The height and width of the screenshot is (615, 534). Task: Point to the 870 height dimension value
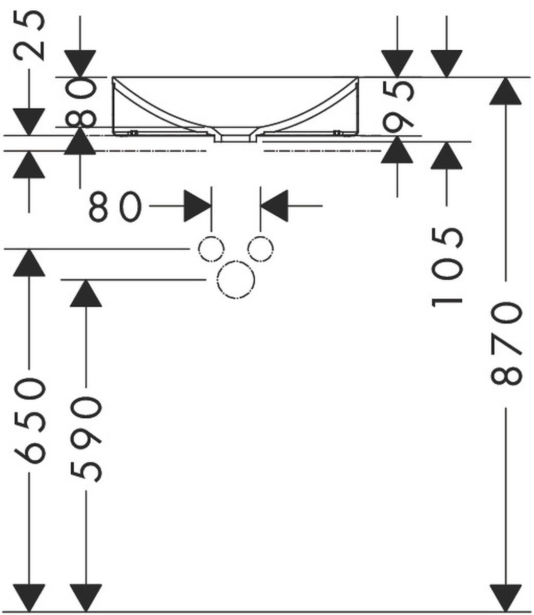506,343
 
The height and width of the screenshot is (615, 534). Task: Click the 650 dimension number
30,420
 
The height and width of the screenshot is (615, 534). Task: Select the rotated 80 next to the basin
80,102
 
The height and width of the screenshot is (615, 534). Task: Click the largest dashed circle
235,279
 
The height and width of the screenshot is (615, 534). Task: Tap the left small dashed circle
211,250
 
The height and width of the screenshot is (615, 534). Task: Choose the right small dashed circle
260,250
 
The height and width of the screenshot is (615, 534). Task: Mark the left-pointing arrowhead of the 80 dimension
274,206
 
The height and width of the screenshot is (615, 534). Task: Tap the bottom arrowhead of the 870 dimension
506,598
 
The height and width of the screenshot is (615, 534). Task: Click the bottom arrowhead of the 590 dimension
86,598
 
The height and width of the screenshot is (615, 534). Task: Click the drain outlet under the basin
235,137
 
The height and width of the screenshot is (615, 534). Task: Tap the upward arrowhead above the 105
446,155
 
